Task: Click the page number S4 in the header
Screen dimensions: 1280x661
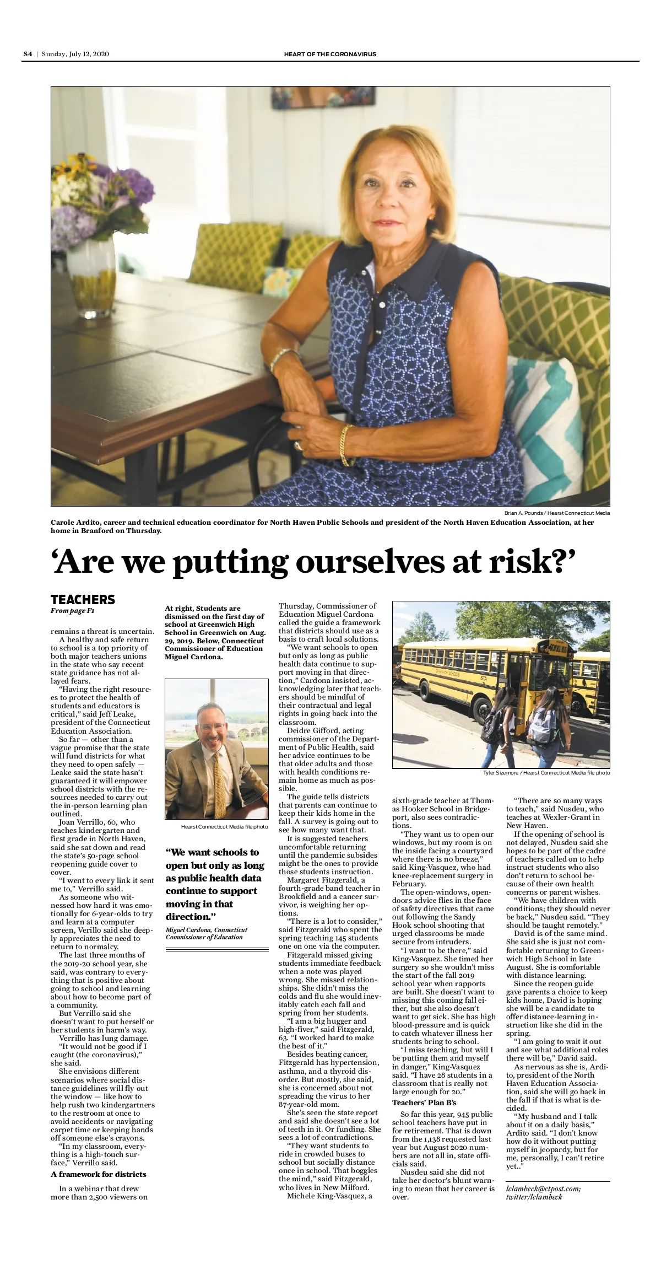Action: [x=28, y=54]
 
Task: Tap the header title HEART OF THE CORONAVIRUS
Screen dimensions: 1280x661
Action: [x=330, y=54]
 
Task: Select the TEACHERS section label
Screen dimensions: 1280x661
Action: [x=83, y=600]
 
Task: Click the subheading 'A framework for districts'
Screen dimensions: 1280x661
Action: [x=99, y=1174]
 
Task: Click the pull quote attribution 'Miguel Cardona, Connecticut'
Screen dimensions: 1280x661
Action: [x=207, y=930]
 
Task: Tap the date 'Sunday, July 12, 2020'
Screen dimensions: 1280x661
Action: [x=75, y=54]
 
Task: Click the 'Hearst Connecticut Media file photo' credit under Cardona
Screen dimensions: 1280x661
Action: [x=224, y=827]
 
